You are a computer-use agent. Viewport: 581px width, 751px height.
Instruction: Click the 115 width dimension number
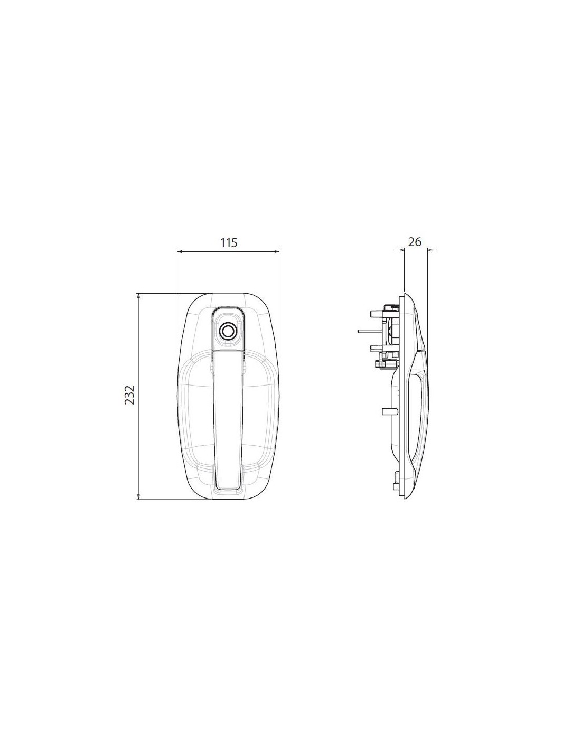pyautogui.click(x=229, y=243)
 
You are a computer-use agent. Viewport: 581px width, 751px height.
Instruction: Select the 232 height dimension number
pyautogui.click(x=129, y=395)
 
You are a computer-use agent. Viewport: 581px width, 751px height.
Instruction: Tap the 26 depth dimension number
pyautogui.click(x=415, y=241)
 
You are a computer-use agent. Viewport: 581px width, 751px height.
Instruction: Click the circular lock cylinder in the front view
pyautogui.click(x=228, y=331)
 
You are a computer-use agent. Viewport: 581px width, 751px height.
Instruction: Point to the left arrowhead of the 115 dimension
pyautogui.click(x=179, y=251)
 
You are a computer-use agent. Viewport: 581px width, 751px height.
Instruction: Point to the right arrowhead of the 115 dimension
pyautogui.click(x=276, y=251)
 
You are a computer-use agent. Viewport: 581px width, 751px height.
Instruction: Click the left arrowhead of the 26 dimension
pyautogui.click(x=402, y=249)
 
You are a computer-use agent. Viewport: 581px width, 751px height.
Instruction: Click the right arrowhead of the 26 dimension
pyautogui.click(x=429, y=249)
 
